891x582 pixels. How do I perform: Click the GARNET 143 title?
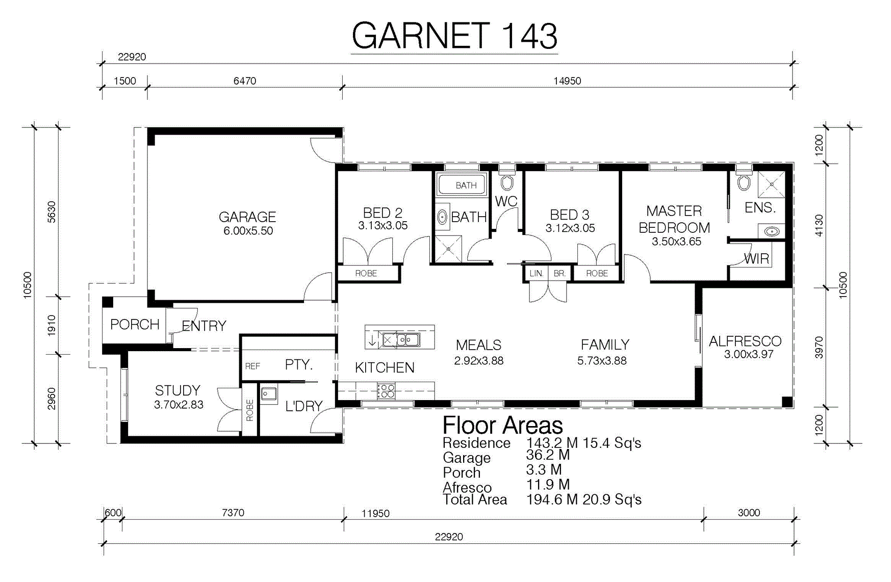coord(454,36)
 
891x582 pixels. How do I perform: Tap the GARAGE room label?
coord(247,217)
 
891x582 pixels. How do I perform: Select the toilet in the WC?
coord(506,180)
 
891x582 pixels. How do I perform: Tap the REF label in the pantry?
coord(252,366)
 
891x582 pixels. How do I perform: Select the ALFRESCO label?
coord(745,341)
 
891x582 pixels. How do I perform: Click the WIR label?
coord(756,259)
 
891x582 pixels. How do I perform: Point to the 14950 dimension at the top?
coord(567,81)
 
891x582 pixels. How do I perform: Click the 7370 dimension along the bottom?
coord(233,513)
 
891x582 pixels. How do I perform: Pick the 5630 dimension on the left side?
coord(52,212)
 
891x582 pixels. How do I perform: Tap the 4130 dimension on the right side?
coord(819,225)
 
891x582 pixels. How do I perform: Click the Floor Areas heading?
coord(503,425)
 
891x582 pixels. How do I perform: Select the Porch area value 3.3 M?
coord(544,469)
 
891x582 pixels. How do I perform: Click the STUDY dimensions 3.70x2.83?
coord(179,405)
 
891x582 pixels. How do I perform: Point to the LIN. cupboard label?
coord(537,274)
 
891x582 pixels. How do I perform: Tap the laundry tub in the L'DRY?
coord(269,394)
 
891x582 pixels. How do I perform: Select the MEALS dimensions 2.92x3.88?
coord(479,361)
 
